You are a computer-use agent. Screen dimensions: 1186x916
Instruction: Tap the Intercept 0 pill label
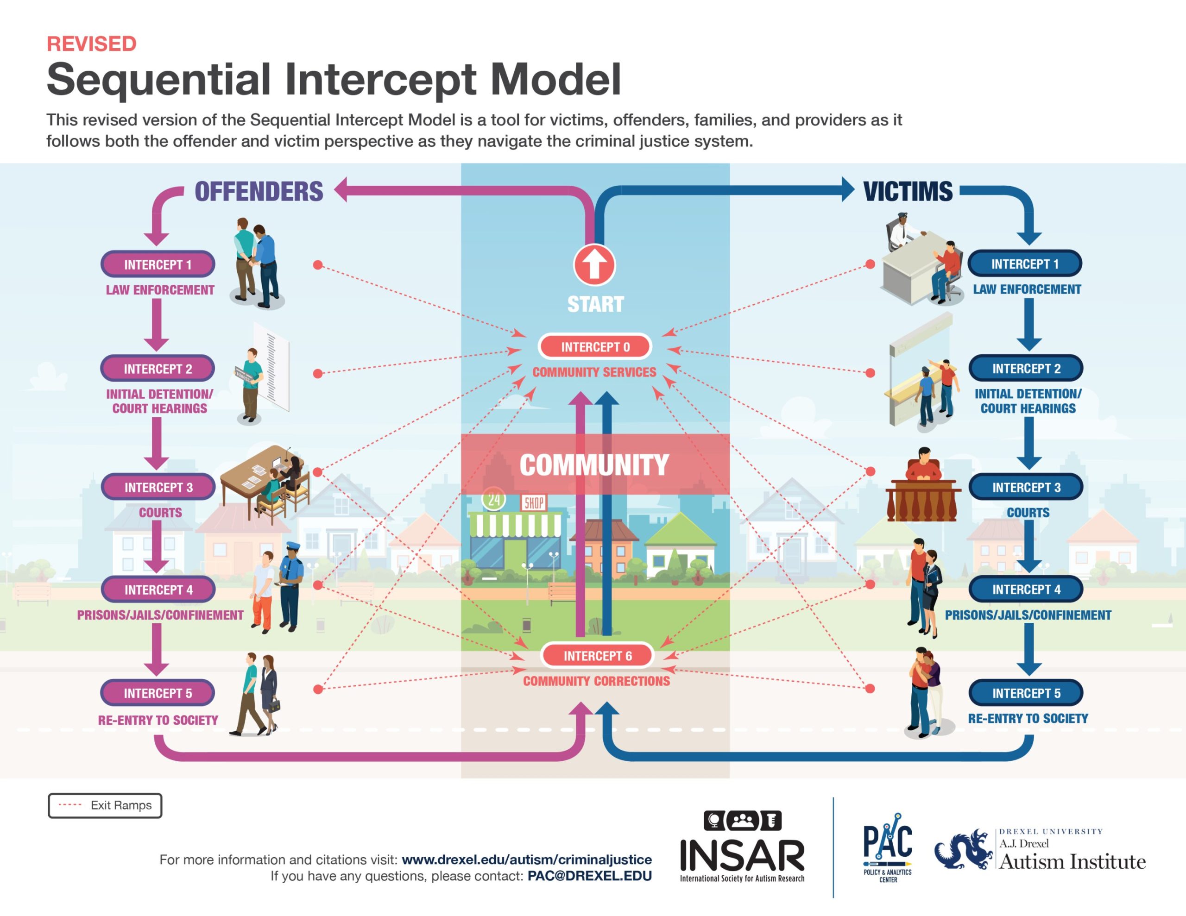(595, 347)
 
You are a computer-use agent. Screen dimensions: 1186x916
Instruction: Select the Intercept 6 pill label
(597, 656)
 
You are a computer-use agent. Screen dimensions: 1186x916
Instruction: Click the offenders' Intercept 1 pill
(158, 264)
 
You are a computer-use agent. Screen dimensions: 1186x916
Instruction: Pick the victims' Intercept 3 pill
(1026, 487)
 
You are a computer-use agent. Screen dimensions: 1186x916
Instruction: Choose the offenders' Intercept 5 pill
(158, 693)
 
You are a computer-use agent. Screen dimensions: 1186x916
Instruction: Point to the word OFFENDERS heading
(259, 192)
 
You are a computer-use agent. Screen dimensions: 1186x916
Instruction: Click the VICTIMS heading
(908, 192)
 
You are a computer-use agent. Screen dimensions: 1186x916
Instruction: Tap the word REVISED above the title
(91, 44)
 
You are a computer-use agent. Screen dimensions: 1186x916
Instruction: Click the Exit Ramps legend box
(105, 805)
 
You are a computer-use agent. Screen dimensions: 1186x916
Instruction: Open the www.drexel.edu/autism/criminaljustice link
(527, 860)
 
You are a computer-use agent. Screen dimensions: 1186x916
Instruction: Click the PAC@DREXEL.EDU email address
(590, 876)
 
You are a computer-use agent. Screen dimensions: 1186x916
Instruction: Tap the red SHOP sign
(534, 503)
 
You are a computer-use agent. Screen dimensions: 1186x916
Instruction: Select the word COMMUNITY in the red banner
(594, 465)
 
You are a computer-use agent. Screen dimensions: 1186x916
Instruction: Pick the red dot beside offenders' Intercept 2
(318, 374)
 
